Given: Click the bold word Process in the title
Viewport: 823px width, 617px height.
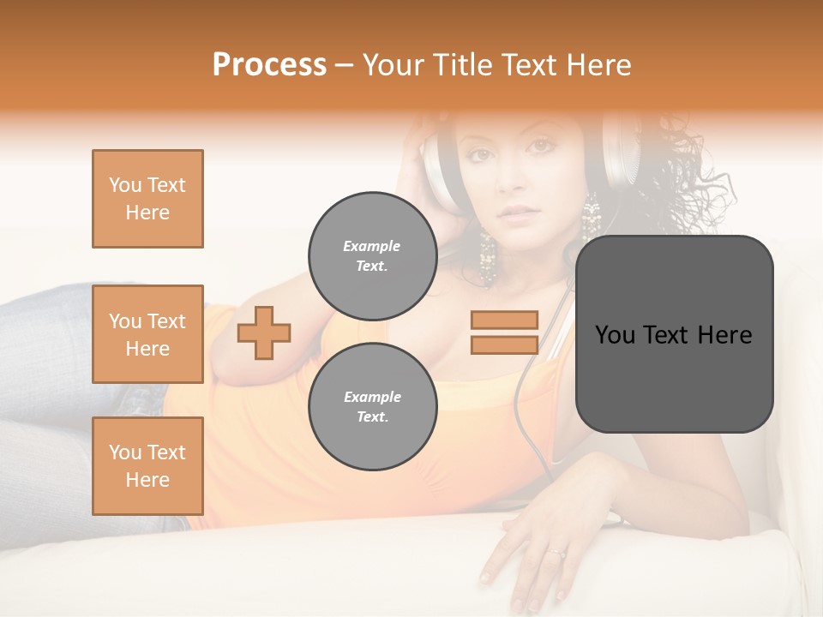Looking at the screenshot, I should [x=269, y=65].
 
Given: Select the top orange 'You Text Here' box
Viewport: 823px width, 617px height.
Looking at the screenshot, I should [x=147, y=199].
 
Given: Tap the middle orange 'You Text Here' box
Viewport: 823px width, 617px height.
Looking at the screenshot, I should [x=147, y=334].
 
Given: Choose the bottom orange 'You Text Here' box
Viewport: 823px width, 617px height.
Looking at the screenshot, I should [x=147, y=466].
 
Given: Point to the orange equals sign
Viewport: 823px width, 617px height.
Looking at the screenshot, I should [x=504, y=332].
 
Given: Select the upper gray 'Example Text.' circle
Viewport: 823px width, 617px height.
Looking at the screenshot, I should [x=372, y=255].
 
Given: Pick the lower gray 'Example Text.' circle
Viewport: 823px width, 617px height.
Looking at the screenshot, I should [x=372, y=406].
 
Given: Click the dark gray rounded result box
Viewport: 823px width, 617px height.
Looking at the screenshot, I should [x=674, y=334].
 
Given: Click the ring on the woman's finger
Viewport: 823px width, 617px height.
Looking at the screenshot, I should [x=558, y=553].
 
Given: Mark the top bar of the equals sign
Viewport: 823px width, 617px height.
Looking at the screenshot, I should [x=504, y=320].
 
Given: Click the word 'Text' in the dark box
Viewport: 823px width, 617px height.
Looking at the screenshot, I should [x=670, y=335].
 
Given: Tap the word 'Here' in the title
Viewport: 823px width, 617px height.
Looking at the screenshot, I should [x=598, y=65].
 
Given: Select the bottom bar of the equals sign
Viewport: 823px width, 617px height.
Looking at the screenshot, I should [x=504, y=344].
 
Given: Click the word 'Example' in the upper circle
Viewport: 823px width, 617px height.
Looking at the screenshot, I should [x=372, y=246].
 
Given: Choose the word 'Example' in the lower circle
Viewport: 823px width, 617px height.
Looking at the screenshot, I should [x=372, y=397].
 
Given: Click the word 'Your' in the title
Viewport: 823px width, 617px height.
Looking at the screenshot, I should [x=393, y=65].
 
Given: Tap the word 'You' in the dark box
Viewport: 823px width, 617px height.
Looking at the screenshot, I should [x=615, y=335].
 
